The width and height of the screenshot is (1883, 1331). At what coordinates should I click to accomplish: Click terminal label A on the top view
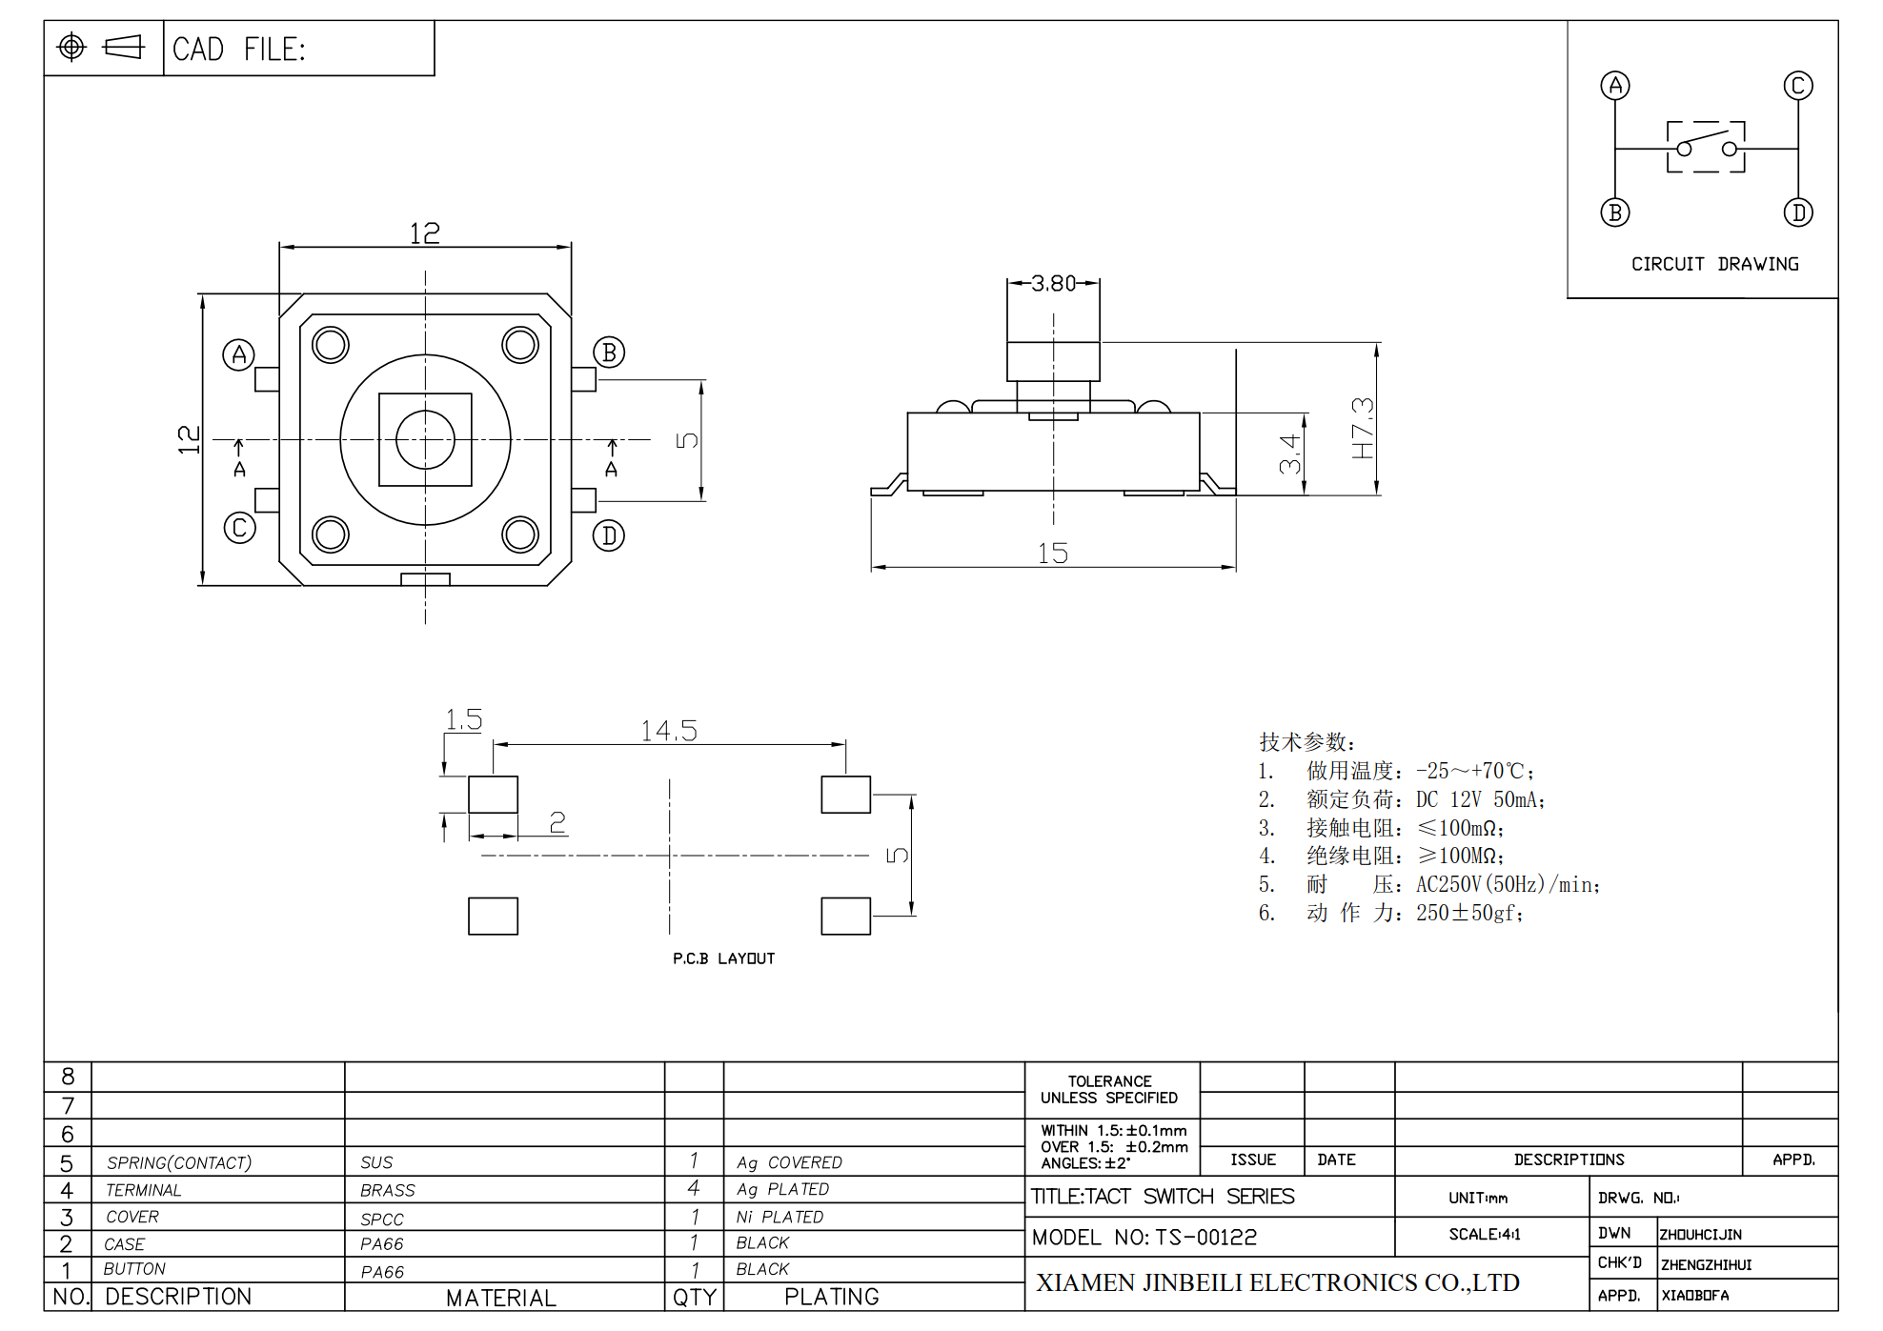tap(238, 355)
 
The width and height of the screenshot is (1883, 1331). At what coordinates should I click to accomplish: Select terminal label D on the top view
tap(609, 535)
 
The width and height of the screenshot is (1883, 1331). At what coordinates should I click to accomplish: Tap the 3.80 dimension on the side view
tap(1053, 283)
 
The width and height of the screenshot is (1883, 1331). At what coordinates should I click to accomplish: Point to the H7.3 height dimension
tap(1363, 428)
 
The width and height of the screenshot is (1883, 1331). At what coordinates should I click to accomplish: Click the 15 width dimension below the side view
tap(1053, 554)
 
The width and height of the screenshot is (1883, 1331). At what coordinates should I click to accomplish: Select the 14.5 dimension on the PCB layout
tap(669, 731)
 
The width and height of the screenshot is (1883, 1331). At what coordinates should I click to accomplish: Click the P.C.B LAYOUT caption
tap(723, 958)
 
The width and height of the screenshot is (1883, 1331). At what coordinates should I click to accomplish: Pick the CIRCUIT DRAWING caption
tap(1715, 264)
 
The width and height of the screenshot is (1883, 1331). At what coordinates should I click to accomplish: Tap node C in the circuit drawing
tap(1798, 86)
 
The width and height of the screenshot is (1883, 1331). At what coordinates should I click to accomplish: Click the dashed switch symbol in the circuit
tap(1706, 147)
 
